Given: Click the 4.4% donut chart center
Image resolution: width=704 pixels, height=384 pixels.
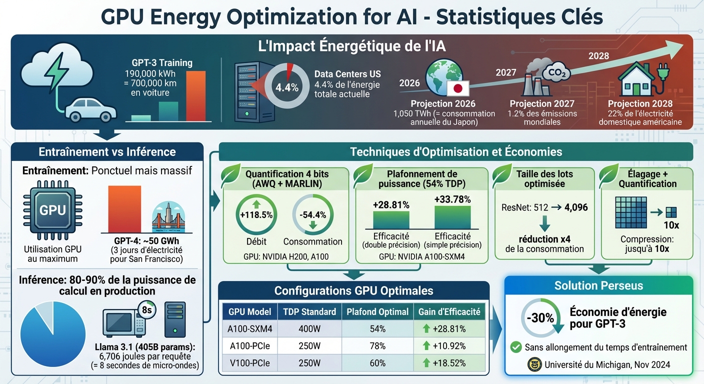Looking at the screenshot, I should [287, 87].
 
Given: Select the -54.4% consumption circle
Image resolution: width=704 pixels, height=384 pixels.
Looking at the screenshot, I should [312, 215].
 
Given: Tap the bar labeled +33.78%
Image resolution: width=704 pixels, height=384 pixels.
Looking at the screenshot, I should [452, 217].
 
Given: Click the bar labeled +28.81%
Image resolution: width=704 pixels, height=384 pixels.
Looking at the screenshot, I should [391, 219].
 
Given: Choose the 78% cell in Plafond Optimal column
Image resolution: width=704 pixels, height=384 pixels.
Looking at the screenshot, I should [377, 346].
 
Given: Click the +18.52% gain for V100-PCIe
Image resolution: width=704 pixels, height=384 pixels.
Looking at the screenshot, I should [444, 363].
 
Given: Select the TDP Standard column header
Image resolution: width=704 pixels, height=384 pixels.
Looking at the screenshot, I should [309, 311].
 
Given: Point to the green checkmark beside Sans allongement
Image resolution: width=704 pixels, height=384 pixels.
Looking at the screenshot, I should [515, 347].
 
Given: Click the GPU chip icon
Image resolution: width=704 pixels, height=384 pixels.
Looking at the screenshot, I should [52, 210].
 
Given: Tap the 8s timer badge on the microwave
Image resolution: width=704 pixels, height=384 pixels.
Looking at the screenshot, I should [147, 310].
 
